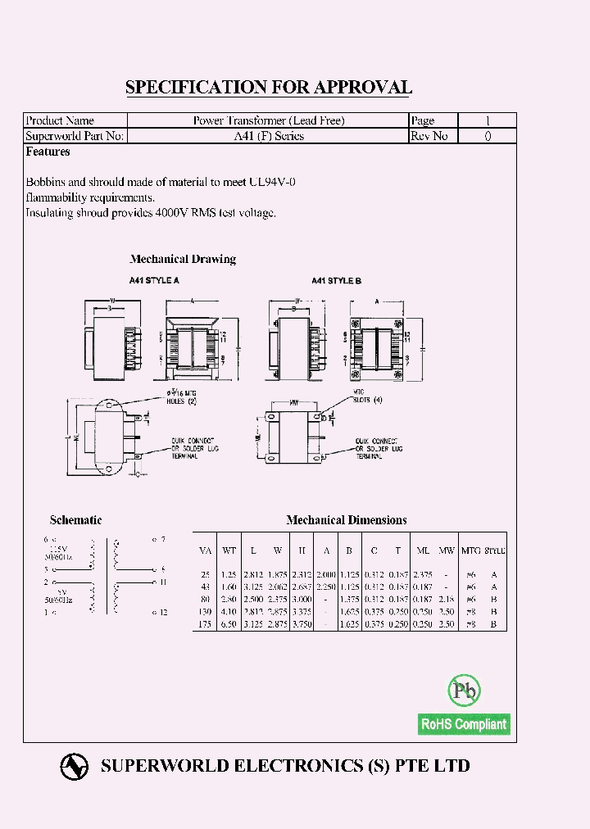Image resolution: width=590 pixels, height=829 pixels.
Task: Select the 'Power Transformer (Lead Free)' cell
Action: point(269,120)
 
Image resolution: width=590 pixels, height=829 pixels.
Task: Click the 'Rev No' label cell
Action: point(429,136)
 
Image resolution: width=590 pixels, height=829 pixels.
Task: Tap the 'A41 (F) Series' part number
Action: point(269,136)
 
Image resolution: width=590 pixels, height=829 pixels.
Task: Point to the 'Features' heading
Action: point(48,152)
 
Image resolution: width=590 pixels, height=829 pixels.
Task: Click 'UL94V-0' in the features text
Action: point(271,182)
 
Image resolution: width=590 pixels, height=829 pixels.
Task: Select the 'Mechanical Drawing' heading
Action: point(184,259)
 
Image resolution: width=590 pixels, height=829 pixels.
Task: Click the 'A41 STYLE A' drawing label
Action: point(153,280)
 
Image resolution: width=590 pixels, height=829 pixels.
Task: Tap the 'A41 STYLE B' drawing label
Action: point(336,280)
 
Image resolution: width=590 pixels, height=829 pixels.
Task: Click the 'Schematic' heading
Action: point(75,520)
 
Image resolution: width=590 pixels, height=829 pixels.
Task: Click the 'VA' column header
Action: point(205,550)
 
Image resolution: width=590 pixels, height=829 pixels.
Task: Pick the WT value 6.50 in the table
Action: point(230,624)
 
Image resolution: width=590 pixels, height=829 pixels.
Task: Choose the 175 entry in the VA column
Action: point(205,624)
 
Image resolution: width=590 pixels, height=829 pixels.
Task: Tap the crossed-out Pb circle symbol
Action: point(464,691)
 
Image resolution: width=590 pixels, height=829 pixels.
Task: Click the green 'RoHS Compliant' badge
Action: point(463,724)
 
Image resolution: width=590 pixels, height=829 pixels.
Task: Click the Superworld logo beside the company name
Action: point(75,766)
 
